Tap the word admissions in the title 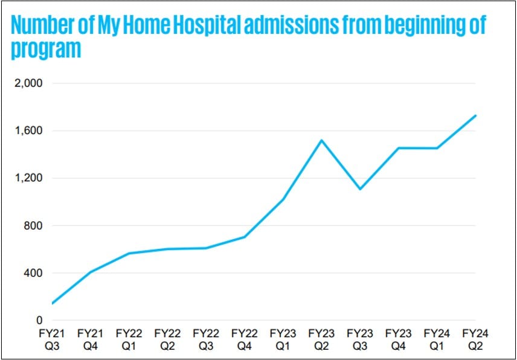294,26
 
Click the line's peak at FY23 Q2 321,141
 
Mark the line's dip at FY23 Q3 360,189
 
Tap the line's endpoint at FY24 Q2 476,115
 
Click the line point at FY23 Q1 283,199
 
